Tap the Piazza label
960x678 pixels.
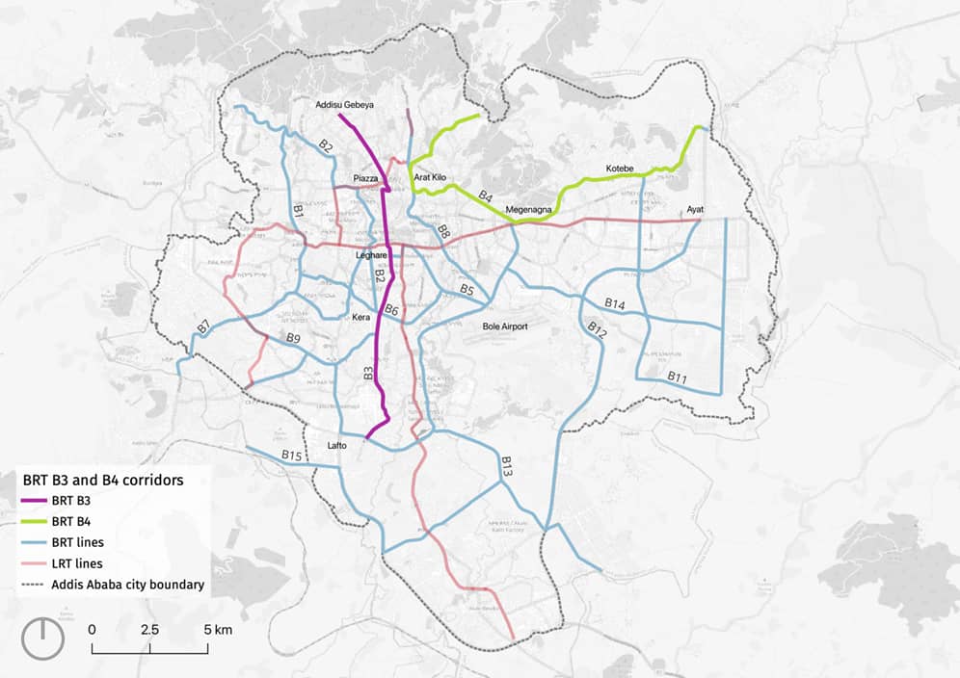(x=365, y=179)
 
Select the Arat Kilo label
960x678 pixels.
(x=429, y=178)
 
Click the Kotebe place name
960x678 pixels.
(x=620, y=169)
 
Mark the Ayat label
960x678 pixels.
(x=696, y=209)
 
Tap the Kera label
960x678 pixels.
(x=361, y=317)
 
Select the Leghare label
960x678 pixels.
(x=371, y=255)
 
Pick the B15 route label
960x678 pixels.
(x=292, y=454)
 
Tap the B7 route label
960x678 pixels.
(x=203, y=326)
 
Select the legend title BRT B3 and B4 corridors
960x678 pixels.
(x=103, y=478)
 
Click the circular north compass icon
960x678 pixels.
(x=42, y=639)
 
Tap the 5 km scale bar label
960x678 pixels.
(x=218, y=629)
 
